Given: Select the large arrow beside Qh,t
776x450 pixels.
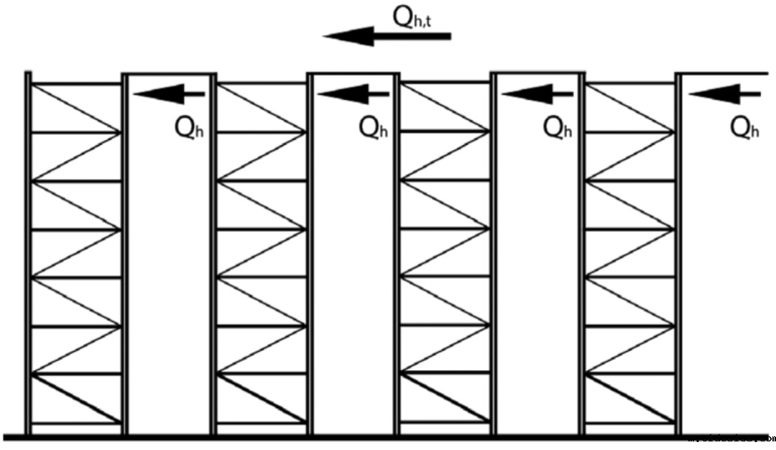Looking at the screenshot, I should tap(387, 35).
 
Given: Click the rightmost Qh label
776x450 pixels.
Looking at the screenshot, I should tap(744, 127).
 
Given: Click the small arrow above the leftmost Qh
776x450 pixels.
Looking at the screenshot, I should tap(170, 93).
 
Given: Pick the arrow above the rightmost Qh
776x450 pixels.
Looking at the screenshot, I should tap(724, 93).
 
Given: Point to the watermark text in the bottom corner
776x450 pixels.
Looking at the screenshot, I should tap(731, 436).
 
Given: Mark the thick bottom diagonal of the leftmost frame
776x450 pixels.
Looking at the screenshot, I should tap(76, 398).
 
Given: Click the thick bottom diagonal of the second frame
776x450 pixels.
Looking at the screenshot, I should tap(262, 398).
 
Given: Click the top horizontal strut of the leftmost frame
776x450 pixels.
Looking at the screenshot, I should tap(76, 84).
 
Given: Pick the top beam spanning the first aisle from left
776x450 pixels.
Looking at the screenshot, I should tap(170, 73).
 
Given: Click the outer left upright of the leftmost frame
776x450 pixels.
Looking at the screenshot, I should tap(28, 252).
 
